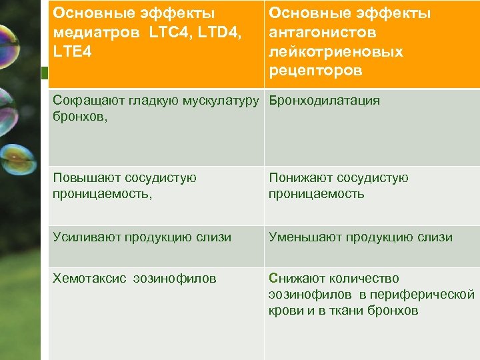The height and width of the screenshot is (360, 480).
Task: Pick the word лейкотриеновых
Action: click(x=335, y=51)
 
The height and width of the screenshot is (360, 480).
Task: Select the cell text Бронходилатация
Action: click(x=324, y=101)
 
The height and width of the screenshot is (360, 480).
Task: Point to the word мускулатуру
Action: click(x=219, y=101)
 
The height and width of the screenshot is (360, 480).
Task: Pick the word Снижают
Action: click(x=296, y=279)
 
